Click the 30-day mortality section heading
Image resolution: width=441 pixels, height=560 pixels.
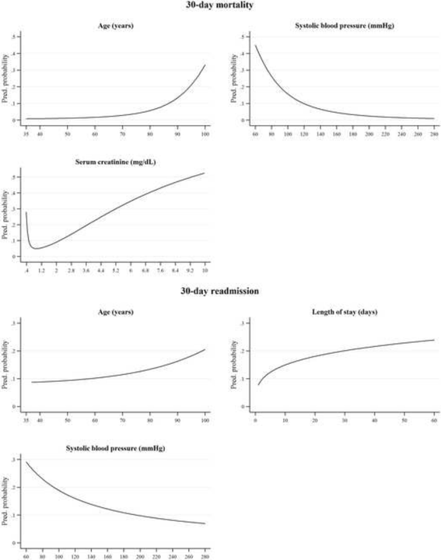pyautogui.click(x=220, y=6)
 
